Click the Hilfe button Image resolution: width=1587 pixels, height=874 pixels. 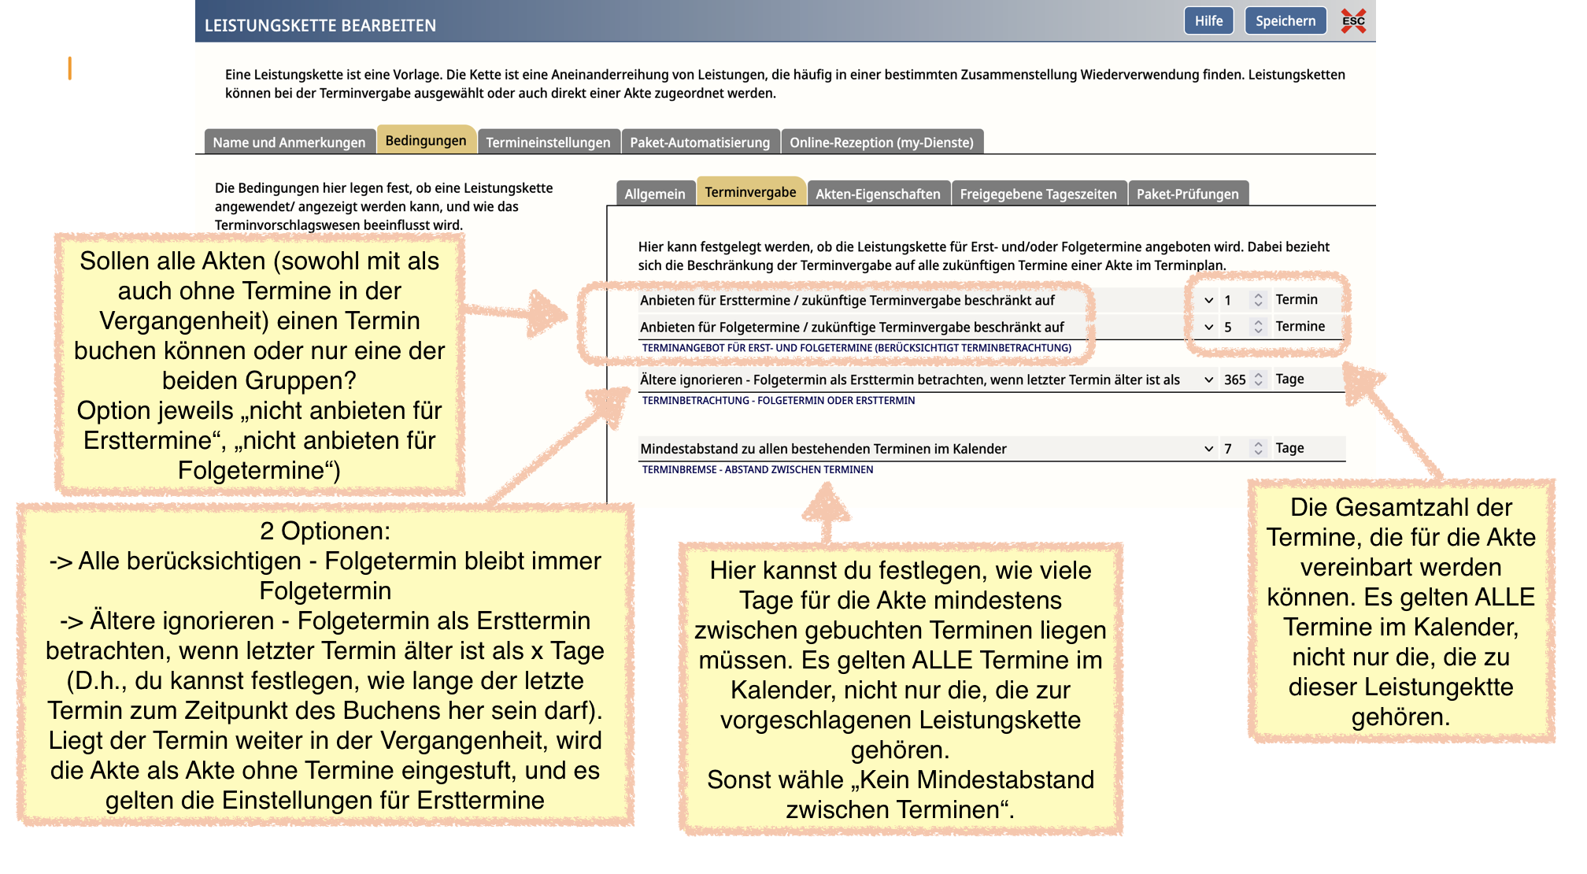[1208, 21]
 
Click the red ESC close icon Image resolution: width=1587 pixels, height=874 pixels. [1353, 21]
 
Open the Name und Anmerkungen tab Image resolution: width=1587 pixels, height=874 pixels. [289, 143]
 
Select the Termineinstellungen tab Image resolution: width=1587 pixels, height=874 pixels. [548, 143]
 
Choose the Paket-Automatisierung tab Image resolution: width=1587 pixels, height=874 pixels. [700, 143]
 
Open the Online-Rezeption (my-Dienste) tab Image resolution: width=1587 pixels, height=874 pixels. [882, 143]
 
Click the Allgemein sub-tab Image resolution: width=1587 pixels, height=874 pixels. [655, 194]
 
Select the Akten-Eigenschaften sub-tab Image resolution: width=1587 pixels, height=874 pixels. [878, 194]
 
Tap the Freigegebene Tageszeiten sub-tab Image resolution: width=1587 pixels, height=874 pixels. [1038, 194]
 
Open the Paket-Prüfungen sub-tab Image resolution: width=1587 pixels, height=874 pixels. [1187, 194]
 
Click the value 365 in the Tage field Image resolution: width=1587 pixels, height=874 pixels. [1234, 380]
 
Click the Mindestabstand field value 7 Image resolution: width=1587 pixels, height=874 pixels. [1228, 449]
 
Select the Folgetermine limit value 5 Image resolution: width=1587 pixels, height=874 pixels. [1228, 327]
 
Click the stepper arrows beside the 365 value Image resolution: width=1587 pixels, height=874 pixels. [1259, 380]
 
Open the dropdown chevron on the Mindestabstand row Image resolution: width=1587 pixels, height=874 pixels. [1208, 449]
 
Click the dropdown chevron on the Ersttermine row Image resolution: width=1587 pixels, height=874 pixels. [1208, 300]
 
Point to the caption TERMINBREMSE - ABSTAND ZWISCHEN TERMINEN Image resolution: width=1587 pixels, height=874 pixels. [757, 469]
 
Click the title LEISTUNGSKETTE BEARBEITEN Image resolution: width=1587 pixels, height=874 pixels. [320, 25]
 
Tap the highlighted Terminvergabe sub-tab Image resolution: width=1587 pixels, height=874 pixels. [750, 192]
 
